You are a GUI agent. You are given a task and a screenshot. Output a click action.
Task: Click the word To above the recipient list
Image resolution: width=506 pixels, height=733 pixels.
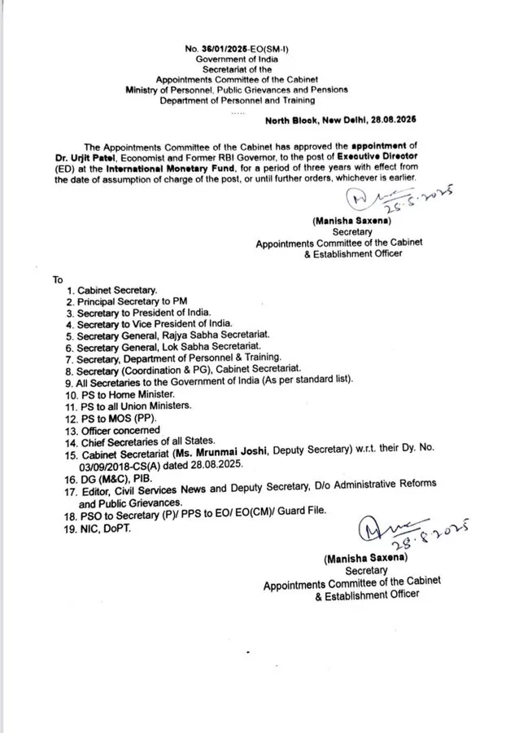58,279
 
